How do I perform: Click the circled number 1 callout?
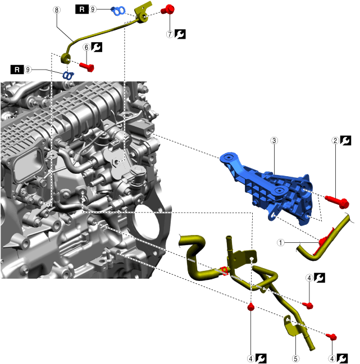click(x=280, y=242)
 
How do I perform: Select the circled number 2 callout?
click(x=335, y=141)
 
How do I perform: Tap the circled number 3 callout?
click(x=274, y=141)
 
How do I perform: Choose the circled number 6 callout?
click(x=86, y=48)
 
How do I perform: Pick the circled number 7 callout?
click(x=170, y=34)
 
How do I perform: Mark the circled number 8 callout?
click(x=56, y=10)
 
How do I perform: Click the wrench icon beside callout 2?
click(x=347, y=141)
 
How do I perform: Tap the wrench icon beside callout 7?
click(x=180, y=34)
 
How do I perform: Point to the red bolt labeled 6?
click(x=85, y=66)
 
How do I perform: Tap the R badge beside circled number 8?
click(x=81, y=10)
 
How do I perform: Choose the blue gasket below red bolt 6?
click(x=68, y=75)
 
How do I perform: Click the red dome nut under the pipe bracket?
click(x=251, y=307)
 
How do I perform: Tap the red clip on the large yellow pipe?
click(x=224, y=271)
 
